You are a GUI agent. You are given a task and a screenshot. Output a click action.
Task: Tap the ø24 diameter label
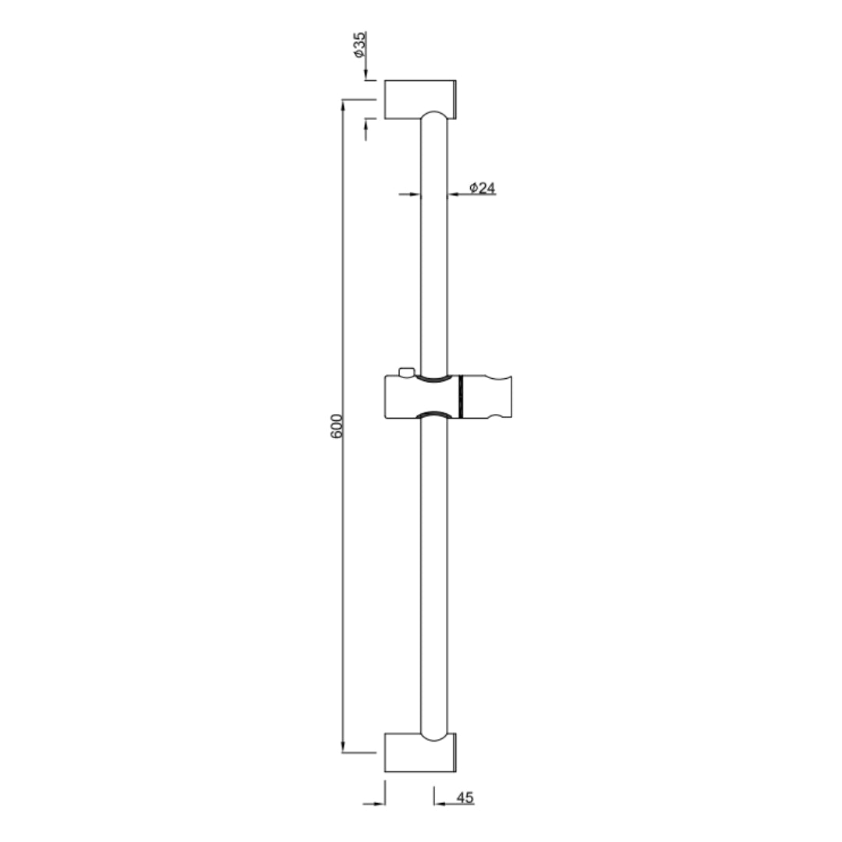click(483, 188)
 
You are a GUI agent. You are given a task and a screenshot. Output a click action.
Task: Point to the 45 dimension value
click(465, 798)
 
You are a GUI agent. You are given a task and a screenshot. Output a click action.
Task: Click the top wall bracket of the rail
click(421, 98)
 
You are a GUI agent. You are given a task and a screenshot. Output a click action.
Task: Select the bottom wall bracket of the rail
click(421, 752)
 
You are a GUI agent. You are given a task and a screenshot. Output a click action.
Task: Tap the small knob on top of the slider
click(404, 373)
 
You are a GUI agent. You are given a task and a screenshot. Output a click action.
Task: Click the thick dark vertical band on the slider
click(461, 398)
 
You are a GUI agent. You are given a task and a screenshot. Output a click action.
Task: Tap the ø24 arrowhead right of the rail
click(454, 194)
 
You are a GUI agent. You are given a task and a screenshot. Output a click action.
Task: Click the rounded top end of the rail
click(434, 117)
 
